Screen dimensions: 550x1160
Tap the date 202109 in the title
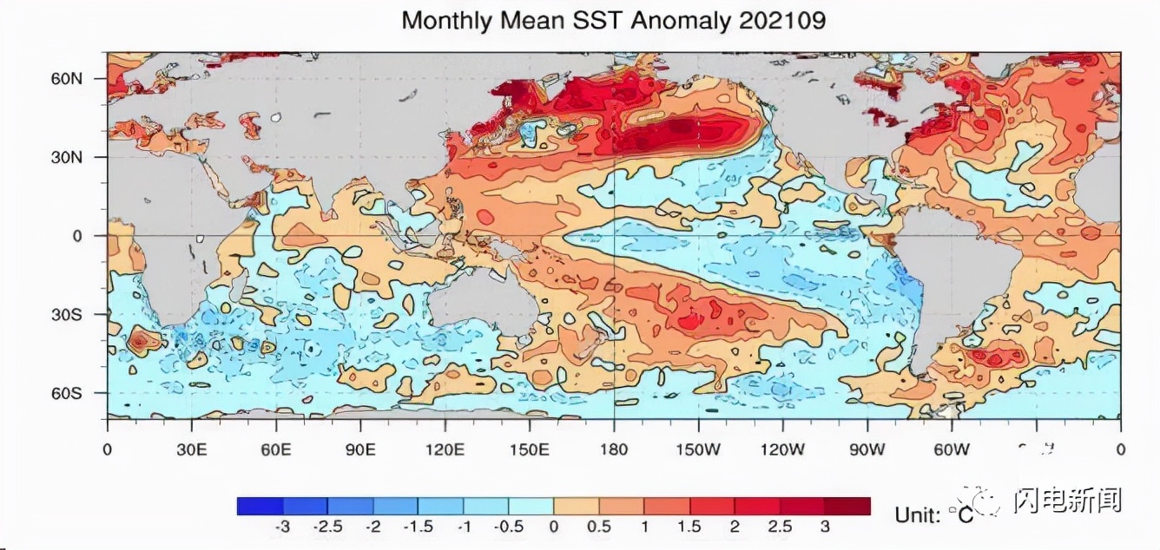point(782,21)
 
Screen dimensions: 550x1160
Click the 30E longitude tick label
point(191,449)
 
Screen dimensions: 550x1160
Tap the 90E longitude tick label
point(360,449)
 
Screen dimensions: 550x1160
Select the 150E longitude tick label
point(529,449)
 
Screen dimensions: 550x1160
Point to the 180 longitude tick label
point(614,449)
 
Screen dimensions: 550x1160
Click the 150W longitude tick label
point(698,449)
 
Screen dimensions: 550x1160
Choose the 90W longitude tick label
point(867,449)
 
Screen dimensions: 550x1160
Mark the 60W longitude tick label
point(952,449)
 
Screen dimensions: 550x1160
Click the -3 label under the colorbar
point(281,527)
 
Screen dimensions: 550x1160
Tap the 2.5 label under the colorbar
point(779,527)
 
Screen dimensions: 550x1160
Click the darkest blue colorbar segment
point(260,506)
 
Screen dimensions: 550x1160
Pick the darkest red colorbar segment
point(847,506)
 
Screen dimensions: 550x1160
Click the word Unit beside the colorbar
point(917,514)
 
